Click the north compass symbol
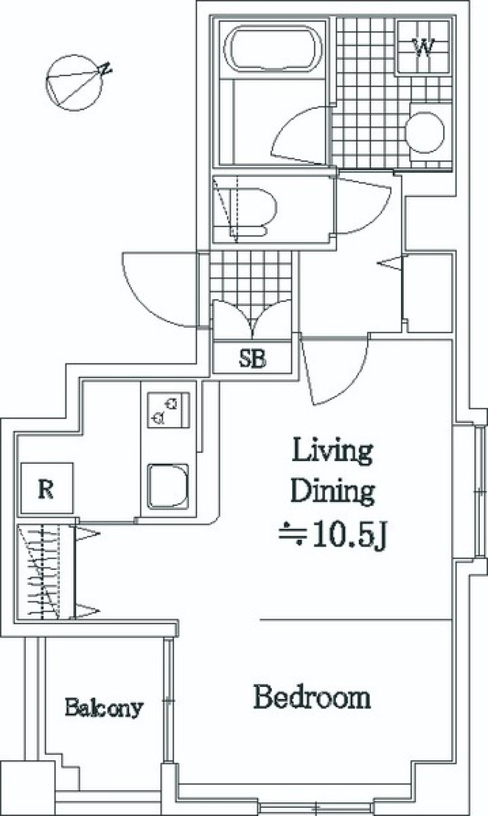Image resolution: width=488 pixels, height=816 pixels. (x=75, y=82)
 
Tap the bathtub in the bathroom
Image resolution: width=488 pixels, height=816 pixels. (x=273, y=49)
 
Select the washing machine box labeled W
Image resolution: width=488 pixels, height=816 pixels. (x=423, y=47)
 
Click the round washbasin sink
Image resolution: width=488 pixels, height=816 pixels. (x=424, y=132)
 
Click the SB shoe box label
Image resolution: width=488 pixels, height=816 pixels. (x=252, y=358)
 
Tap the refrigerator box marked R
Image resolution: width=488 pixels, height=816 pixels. (x=47, y=488)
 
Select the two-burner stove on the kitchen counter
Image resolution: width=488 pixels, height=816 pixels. (x=168, y=410)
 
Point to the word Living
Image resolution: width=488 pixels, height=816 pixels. (x=332, y=451)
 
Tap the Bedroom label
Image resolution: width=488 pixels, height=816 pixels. (x=312, y=697)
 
